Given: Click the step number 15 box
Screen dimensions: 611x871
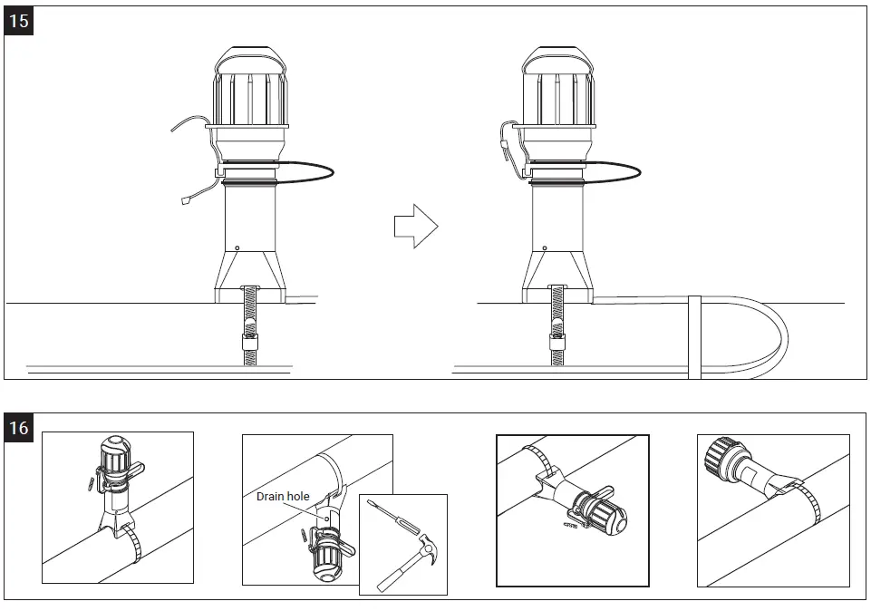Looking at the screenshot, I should pos(19,21).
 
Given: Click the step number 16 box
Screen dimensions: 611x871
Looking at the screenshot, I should pos(19,427).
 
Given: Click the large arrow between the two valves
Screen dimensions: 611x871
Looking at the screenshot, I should pos(415,226).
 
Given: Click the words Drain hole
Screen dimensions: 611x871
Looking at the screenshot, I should pos(283,497).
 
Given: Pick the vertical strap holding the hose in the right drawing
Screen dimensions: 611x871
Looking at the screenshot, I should pos(695,335).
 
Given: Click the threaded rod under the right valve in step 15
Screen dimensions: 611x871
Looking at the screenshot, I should pos(556,326).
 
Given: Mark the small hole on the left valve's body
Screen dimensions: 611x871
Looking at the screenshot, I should pos(237,247).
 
